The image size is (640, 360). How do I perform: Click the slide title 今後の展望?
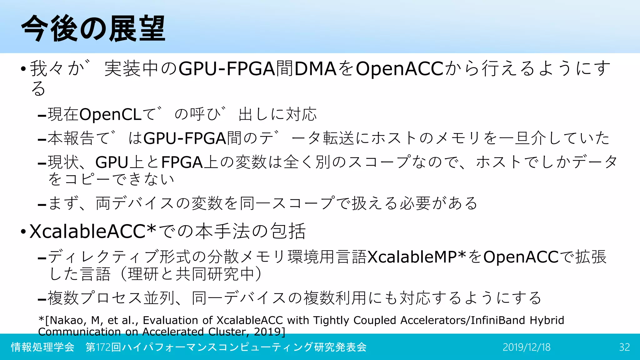click(x=93, y=29)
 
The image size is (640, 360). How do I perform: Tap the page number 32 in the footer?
click(x=624, y=347)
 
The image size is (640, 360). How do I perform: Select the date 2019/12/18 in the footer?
click(x=527, y=347)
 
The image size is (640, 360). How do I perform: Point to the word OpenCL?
click(x=111, y=114)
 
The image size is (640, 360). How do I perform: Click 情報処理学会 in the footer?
click(x=42, y=347)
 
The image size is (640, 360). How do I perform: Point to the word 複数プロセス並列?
click(x=111, y=298)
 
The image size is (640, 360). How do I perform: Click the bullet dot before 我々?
click(x=23, y=69)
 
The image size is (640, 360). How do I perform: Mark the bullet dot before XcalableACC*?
click(x=23, y=232)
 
